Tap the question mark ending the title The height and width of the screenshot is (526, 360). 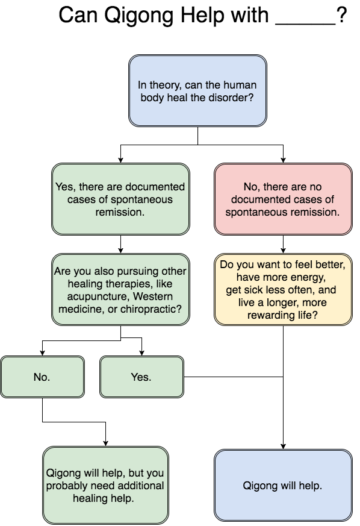(x=341, y=15)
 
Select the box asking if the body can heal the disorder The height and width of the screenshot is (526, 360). (x=198, y=90)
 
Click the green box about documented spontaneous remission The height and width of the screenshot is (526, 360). (x=120, y=199)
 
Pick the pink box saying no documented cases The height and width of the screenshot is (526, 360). (x=283, y=199)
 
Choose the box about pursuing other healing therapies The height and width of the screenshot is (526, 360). (x=120, y=289)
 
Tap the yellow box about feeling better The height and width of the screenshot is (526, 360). (x=283, y=289)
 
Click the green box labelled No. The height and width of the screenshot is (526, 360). (x=42, y=377)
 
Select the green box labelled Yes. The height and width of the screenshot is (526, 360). (x=142, y=377)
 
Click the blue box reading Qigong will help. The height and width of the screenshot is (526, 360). (x=283, y=485)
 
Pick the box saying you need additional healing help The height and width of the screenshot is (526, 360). (x=105, y=485)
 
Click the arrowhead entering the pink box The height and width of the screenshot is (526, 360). (x=283, y=160)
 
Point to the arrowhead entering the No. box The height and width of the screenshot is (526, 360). (x=42, y=353)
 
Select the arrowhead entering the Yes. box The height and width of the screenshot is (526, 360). (x=142, y=353)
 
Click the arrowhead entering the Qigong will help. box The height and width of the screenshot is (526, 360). (x=283, y=446)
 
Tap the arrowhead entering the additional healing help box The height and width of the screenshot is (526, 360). (x=105, y=443)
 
